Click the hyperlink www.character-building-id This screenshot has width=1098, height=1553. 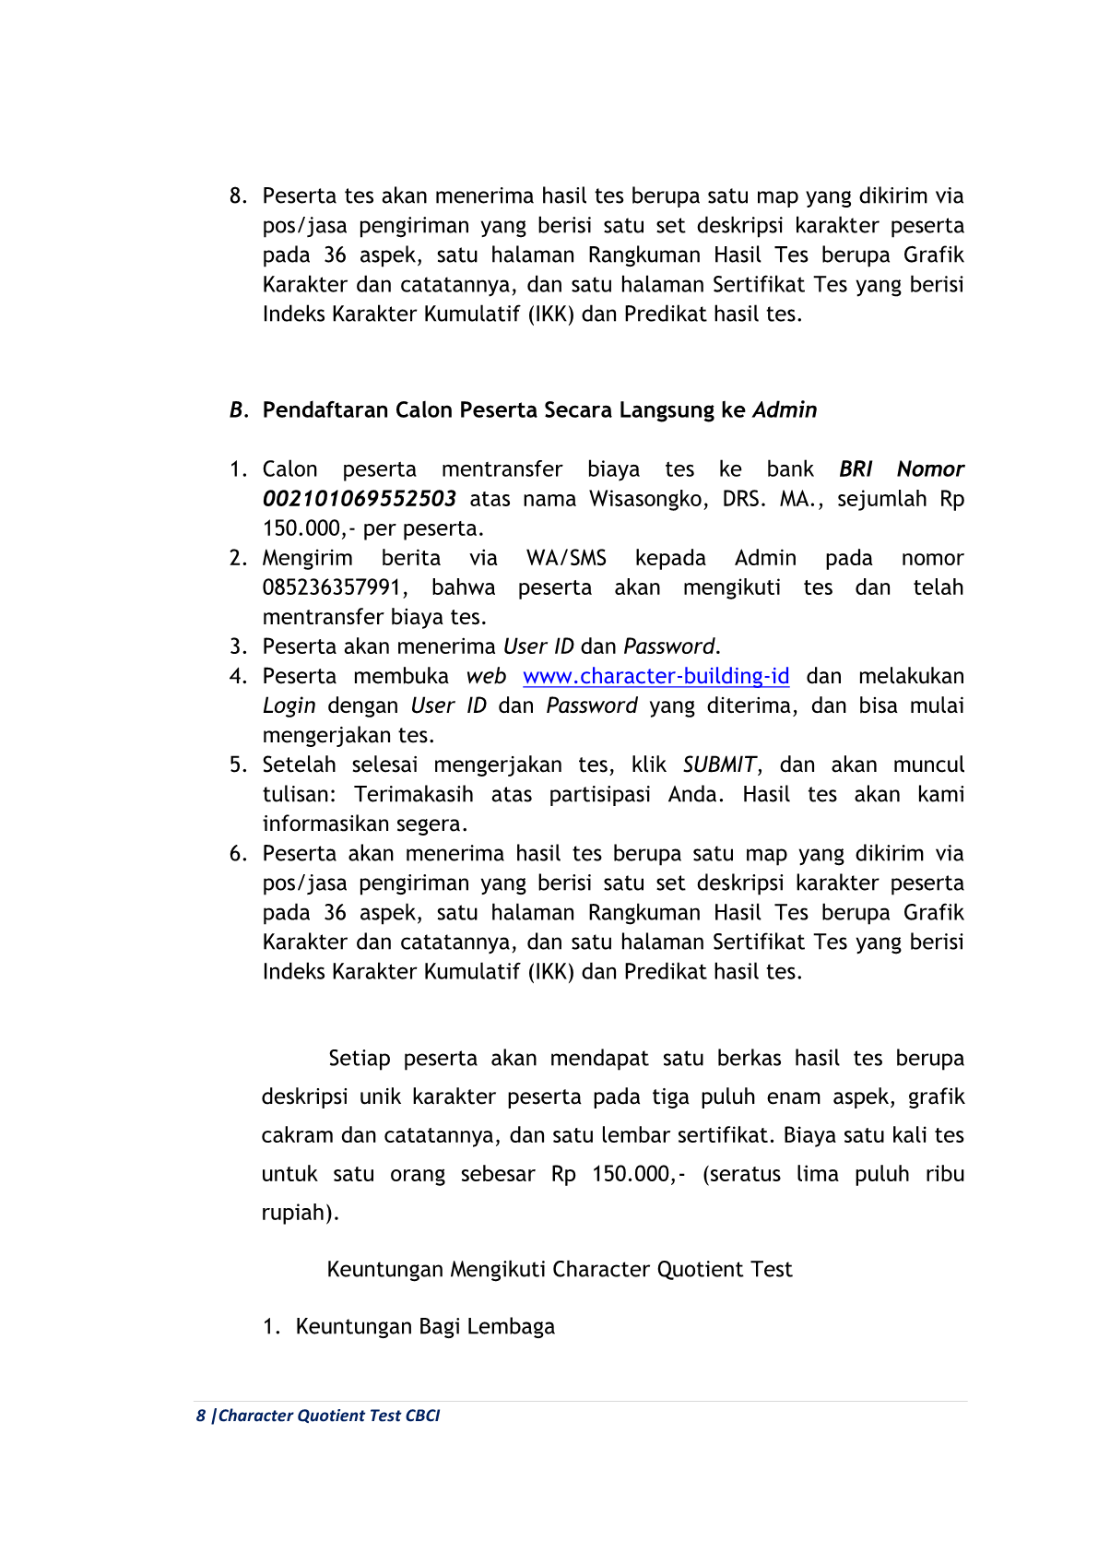tap(655, 676)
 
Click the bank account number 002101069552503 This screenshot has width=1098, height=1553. tap(359, 499)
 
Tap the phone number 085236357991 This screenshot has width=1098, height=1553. tap(332, 587)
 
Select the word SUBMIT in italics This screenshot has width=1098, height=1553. tap(719, 765)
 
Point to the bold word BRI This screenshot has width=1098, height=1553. tap(856, 469)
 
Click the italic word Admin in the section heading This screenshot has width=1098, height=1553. tap(785, 410)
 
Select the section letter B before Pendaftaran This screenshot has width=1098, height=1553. tap(237, 410)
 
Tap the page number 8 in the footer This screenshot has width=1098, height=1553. tap(200, 1416)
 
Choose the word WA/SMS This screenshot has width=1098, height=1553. tap(566, 558)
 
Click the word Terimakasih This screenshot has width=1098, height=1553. tap(413, 794)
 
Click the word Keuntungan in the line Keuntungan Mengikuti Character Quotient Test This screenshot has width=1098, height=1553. tap(384, 1269)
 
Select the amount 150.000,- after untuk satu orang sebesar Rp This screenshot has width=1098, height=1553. tap(638, 1174)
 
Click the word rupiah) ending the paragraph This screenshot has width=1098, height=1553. tap(300, 1213)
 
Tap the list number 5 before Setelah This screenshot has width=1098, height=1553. tap(237, 765)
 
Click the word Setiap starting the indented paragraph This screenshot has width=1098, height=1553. tap(360, 1058)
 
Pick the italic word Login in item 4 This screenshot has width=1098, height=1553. tap(289, 705)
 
